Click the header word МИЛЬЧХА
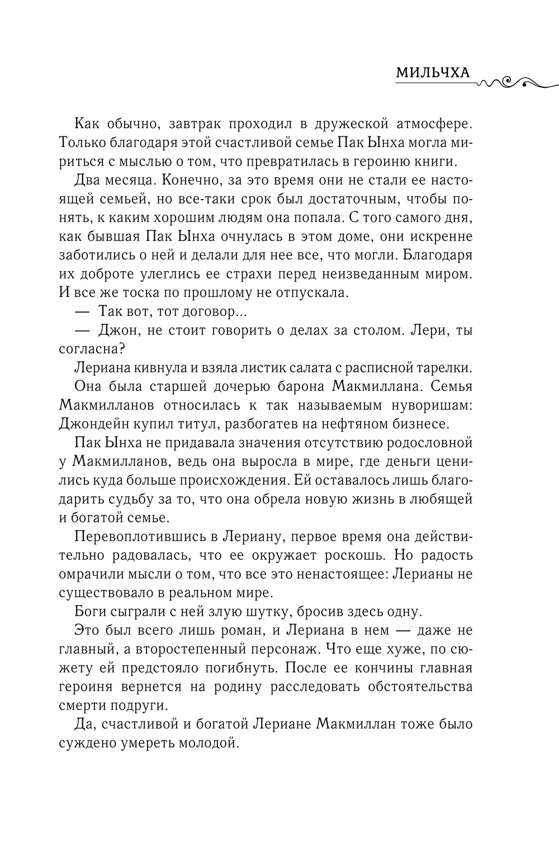(x=432, y=73)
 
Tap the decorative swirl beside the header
(x=517, y=82)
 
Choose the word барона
(x=296, y=386)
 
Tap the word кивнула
(x=153, y=367)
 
